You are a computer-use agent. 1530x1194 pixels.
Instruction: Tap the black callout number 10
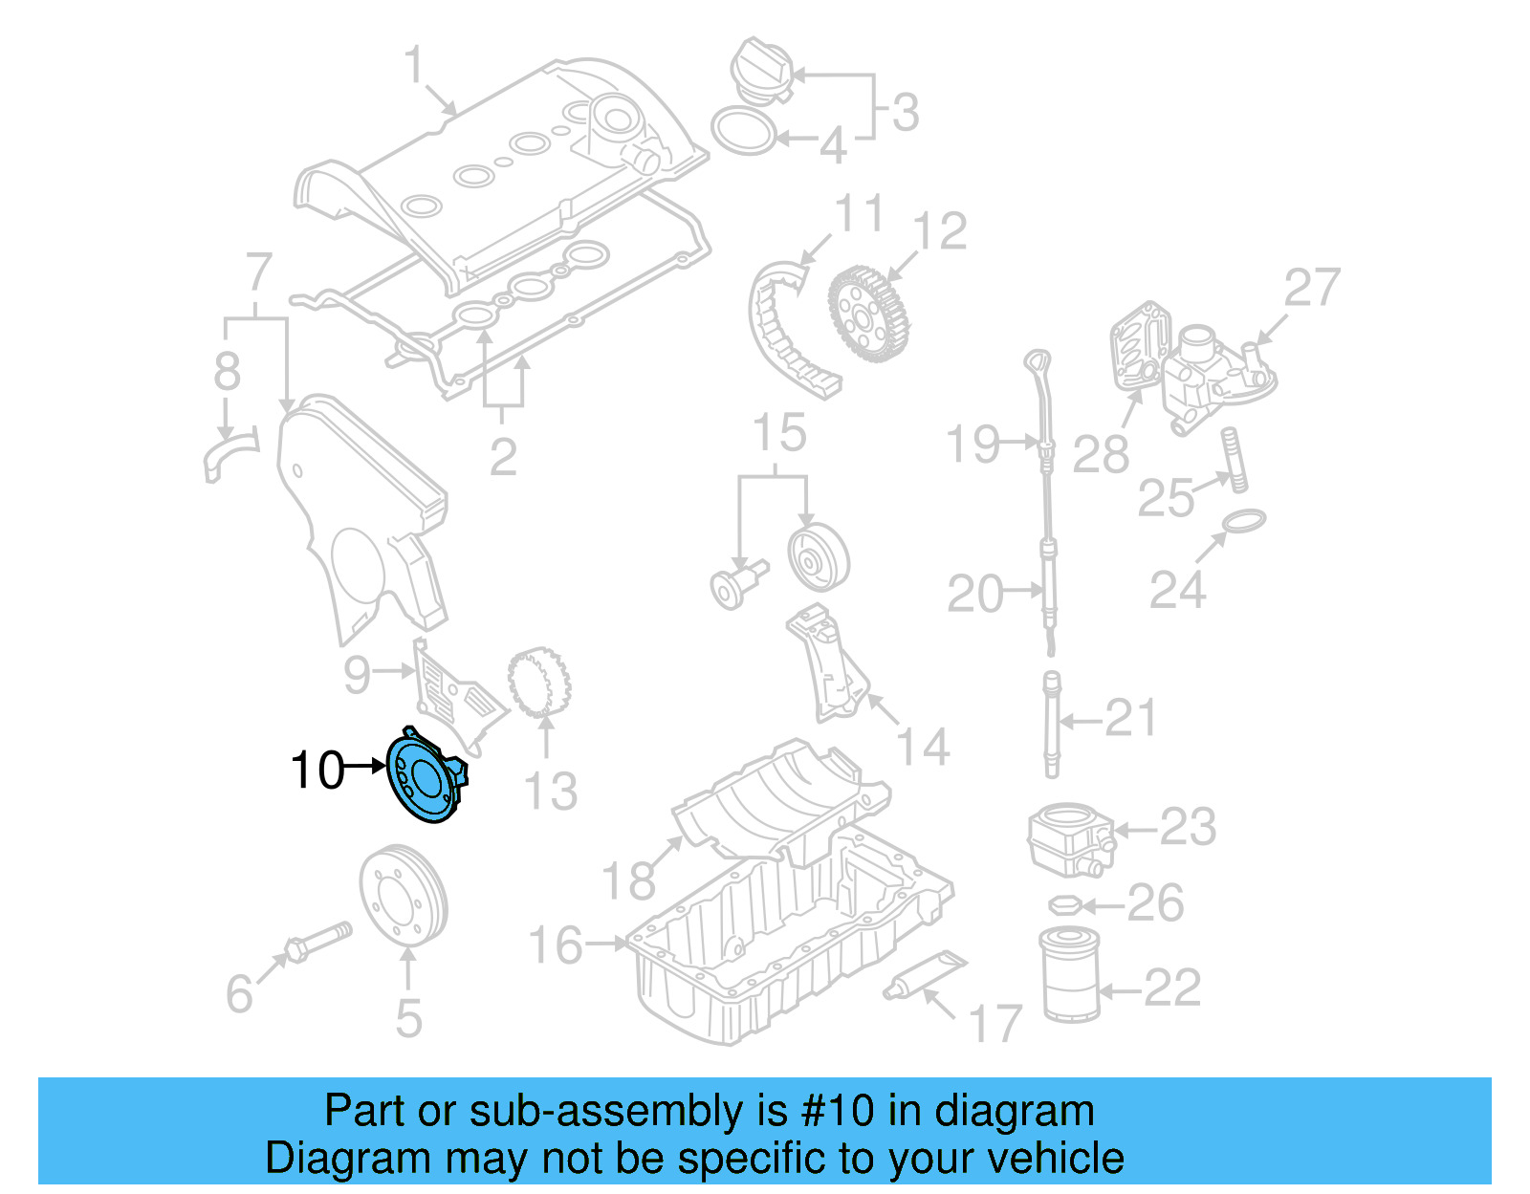tap(317, 770)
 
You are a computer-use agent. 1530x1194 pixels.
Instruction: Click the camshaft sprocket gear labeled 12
tap(869, 315)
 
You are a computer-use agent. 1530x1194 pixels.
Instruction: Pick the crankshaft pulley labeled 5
tap(404, 895)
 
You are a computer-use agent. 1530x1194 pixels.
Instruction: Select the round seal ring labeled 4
tap(744, 131)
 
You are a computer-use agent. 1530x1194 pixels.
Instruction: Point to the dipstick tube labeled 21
tap(1052, 724)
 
